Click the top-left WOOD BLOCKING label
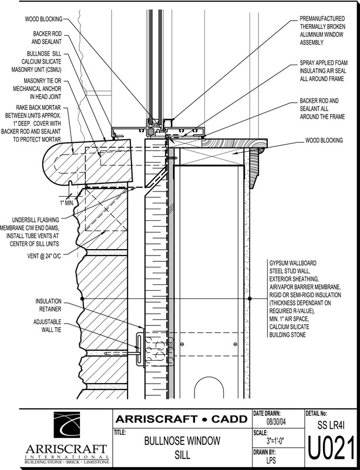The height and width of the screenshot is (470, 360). tap(43, 19)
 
